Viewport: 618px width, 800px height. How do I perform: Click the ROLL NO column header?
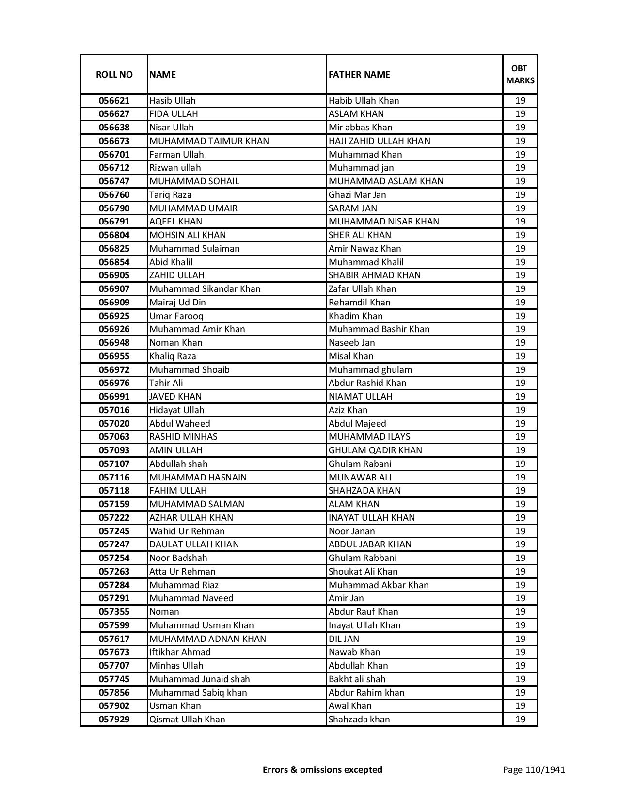114,74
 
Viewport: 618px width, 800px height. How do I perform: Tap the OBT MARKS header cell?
520,74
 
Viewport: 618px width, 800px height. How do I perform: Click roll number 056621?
114,101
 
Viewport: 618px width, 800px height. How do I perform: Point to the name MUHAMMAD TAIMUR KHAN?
209,141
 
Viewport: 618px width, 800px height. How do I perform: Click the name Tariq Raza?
171,195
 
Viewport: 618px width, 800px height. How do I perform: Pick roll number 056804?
114,235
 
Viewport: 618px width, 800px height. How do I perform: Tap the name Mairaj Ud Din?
177,303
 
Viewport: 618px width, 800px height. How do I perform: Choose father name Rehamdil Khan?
359,303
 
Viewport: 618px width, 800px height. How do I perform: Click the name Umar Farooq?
176,316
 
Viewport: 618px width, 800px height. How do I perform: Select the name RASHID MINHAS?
183,437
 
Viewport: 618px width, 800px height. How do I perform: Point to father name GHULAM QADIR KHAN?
375,450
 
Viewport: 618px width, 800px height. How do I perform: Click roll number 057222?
114,518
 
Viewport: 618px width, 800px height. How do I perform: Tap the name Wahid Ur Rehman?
187,531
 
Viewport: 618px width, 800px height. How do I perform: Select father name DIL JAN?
344,639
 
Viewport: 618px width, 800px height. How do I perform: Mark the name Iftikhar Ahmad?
180,652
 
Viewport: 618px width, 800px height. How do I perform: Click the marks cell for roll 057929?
520,720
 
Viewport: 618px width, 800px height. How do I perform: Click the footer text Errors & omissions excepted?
322,769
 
